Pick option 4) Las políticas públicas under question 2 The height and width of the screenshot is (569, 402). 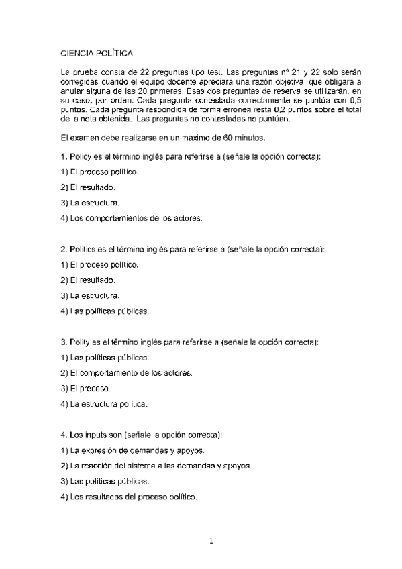[x=105, y=311]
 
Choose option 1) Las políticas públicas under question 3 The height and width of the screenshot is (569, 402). [x=105, y=357]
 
